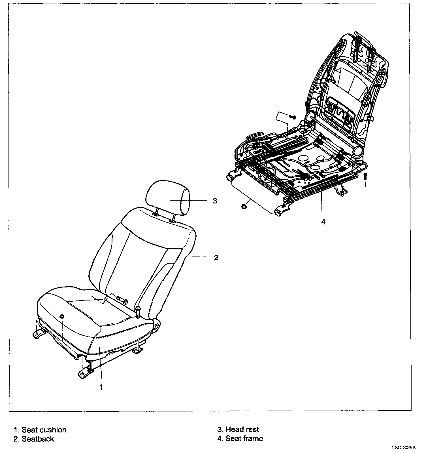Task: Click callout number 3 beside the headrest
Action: coord(215,201)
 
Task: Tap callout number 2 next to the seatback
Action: coord(216,258)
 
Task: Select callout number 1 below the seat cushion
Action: coord(101,387)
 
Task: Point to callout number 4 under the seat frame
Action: coord(323,222)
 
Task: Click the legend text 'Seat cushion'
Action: coord(44,430)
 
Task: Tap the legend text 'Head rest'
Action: coord(242,430)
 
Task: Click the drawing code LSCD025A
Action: coord(404,448)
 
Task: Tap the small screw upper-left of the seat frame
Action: coord(293,117)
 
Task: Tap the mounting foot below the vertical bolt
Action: coord(138,351)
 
